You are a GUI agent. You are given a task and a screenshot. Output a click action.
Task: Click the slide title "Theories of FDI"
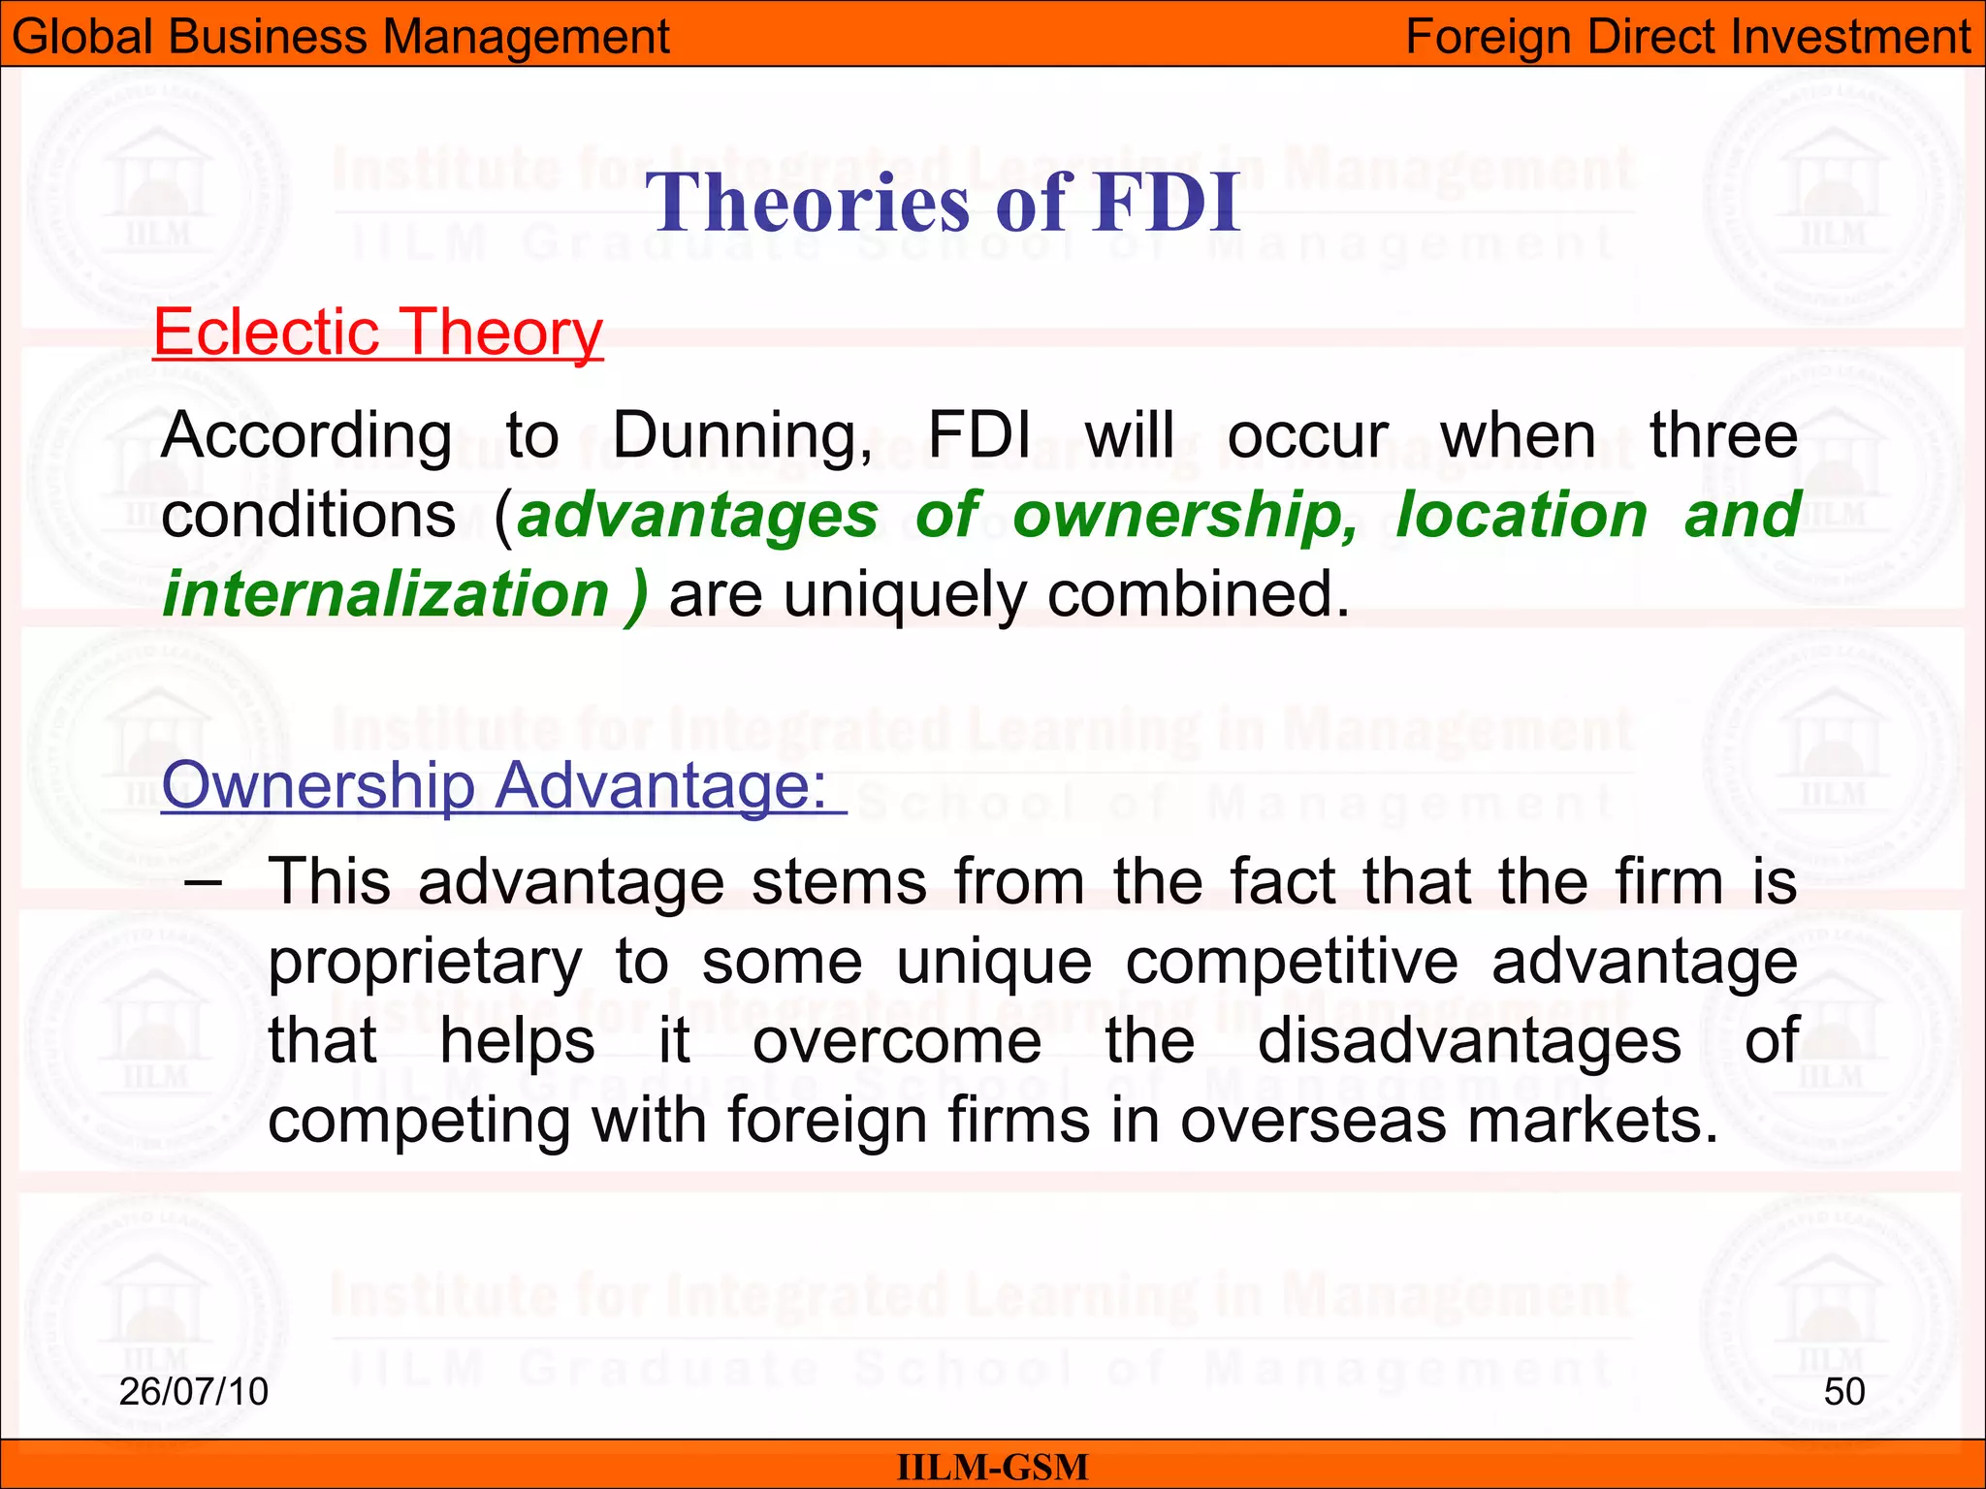943,203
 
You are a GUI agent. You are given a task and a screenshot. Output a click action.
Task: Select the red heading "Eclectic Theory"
378,333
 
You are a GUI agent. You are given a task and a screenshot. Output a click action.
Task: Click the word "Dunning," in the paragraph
743,436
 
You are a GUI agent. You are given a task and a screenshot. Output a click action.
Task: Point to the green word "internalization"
386,594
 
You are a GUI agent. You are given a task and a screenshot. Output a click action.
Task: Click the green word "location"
1522,514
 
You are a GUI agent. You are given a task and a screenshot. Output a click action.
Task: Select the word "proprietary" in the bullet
425,964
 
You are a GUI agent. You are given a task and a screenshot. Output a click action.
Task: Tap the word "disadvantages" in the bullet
1469,1042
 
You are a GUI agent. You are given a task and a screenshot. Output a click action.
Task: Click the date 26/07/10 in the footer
194,1392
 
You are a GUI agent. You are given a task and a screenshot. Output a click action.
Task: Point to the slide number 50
1843,1392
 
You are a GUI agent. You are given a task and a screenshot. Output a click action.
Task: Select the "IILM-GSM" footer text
993,1467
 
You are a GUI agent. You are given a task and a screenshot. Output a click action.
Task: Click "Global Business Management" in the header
340,37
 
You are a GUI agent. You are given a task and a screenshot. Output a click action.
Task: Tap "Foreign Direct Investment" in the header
1688,37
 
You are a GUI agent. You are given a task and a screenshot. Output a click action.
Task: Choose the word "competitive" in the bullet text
1292,964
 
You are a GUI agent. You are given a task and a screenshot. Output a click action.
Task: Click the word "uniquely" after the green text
905,594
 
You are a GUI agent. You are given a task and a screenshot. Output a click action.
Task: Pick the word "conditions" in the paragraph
308,516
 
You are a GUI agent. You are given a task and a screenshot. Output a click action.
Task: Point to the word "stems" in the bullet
840,882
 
